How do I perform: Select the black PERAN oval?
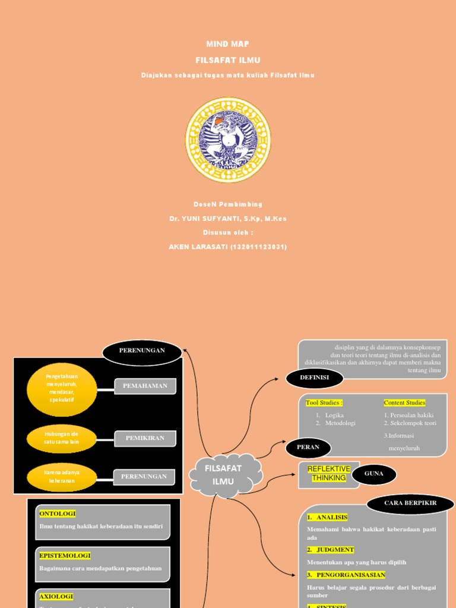(308, 447)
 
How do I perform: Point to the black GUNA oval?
(373, 474)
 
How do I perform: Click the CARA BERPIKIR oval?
(410, 503)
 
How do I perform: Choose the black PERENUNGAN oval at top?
(142, 351)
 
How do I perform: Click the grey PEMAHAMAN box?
(145, 386)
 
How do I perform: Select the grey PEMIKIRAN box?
(145, 438)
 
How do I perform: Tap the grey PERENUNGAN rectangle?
(144, 476)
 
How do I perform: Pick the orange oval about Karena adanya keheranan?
(62, 476)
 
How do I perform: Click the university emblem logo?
(228, 140)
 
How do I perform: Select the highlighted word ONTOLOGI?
(58, 514)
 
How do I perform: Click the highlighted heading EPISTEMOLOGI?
(65, 556)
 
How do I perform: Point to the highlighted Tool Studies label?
(324, 403)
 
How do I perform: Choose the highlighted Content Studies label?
(404, 403)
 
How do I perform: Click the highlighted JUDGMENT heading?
(331, 550)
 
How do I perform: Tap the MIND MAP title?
(227, 45)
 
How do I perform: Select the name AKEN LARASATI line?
(228, 247)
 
